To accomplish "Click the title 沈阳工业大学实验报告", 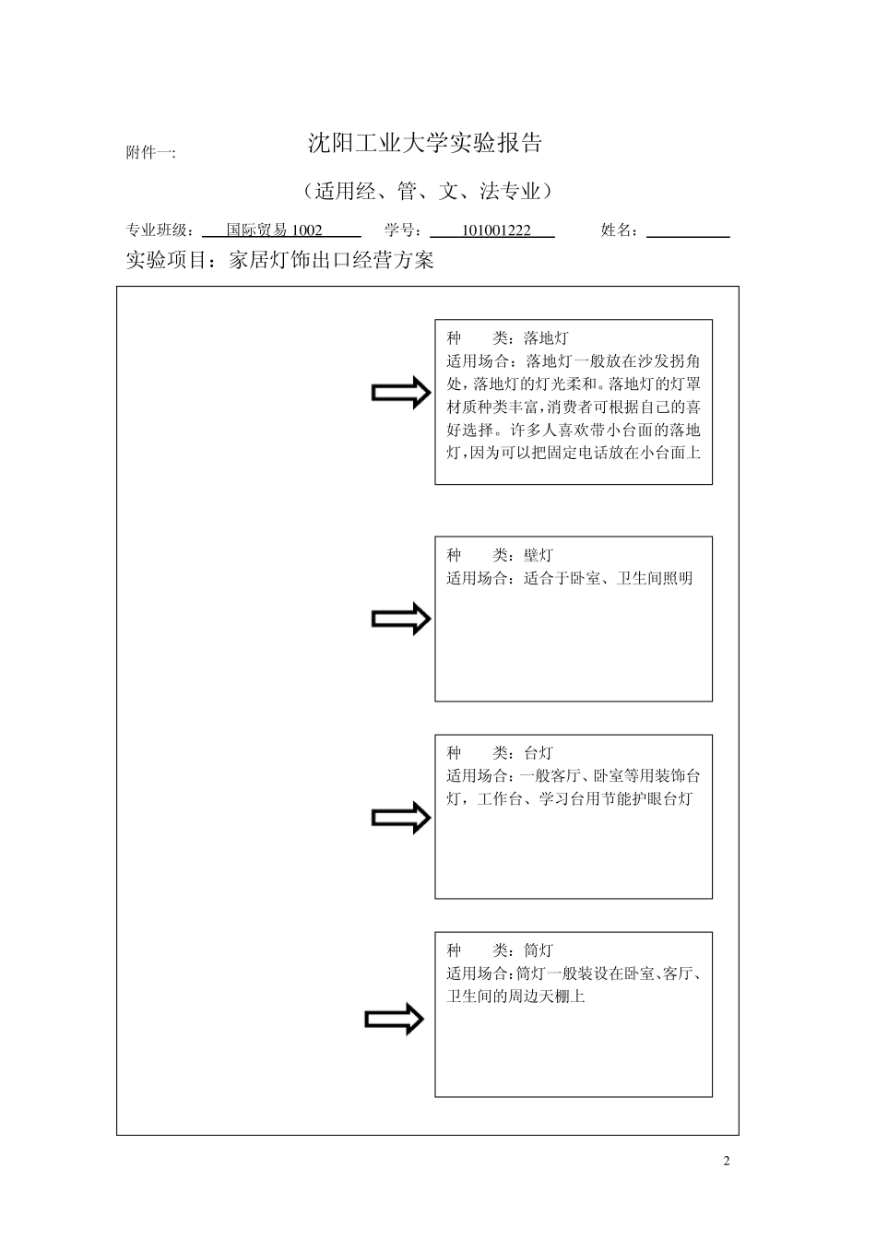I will [x=424, y=143].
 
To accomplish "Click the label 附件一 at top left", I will [x=150, y=153].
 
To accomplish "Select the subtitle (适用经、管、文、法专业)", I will [x=426, y=192].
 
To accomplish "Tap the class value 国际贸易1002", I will [x=275, y=230].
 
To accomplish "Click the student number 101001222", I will [x=496, y=230].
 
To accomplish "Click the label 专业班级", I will [x=159, y=230].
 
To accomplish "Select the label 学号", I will [x=404, y=230].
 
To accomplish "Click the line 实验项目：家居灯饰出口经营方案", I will [x=279, y=261].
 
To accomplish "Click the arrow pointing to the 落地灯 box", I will [x=401, y=394].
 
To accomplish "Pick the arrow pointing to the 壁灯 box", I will [x=401, y=619].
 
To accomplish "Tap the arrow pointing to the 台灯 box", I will [x=401, y=818].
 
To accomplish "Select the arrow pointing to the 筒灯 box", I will [x=395, y=1020].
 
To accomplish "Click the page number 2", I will [x=727, y=1161].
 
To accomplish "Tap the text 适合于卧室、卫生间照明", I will [x=608, y=578].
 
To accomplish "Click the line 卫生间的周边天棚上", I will [x=515, y=997].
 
